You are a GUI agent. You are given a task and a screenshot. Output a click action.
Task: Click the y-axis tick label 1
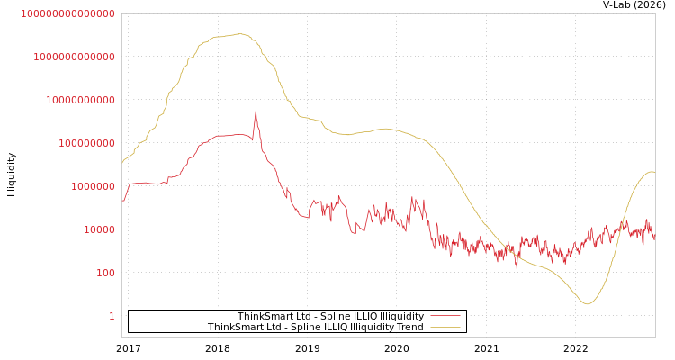tap(112, 316)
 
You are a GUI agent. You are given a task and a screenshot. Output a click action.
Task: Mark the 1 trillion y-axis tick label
tap(74, 57)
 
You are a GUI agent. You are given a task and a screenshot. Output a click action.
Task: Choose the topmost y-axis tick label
tap(68, 13)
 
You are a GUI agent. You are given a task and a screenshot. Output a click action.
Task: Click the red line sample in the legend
tap(445, 316)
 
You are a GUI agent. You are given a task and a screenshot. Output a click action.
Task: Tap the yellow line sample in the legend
tap(445, 327)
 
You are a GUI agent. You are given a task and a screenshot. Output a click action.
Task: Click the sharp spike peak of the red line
tap(256, 112)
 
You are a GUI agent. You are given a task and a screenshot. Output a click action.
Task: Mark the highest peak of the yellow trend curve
tap(239, 34)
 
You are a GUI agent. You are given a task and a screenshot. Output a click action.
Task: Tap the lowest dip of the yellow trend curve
tap(588, 303)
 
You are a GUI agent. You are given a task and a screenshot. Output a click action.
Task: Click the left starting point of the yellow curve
tap(122, 162)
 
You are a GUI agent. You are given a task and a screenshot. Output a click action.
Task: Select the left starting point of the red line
tap(122, 201)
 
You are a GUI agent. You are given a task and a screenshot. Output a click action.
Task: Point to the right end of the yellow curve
tap(654, 173)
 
